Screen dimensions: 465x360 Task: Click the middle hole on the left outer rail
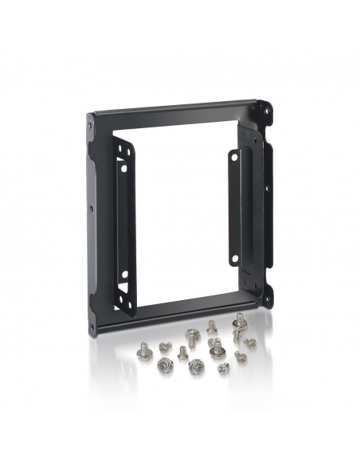coord(91,209)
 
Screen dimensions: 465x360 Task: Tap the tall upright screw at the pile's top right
coord(237,324)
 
